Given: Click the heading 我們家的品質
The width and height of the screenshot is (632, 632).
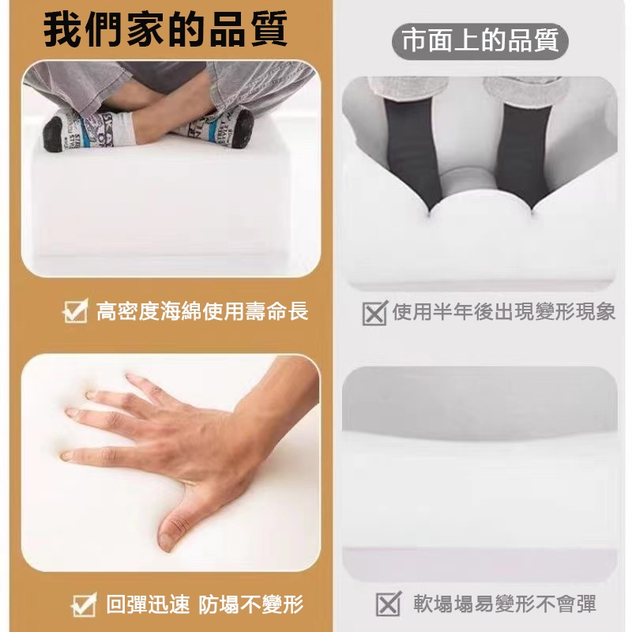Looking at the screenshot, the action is (166, 29).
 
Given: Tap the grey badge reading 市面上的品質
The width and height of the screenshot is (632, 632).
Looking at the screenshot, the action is (480, 42).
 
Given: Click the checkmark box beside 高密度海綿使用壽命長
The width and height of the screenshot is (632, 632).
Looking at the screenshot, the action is (76, 310).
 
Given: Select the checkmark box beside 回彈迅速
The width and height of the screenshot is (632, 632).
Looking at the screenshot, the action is (85, 604).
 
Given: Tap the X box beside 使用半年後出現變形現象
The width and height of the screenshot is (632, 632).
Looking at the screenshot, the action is (374, 312).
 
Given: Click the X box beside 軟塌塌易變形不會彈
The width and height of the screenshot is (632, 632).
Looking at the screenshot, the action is (389, 604).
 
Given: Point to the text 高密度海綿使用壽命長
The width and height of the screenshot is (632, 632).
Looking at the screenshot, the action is (202, 311).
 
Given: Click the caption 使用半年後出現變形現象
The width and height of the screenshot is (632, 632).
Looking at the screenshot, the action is (504, 311).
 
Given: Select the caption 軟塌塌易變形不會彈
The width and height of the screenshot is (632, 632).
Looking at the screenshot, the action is (505, 604).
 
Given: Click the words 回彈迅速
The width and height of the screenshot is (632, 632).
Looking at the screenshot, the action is (148, 604).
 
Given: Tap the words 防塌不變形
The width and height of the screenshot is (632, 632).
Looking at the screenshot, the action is (250, 604).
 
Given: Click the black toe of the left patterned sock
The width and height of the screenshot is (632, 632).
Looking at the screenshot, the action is (53, 134).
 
